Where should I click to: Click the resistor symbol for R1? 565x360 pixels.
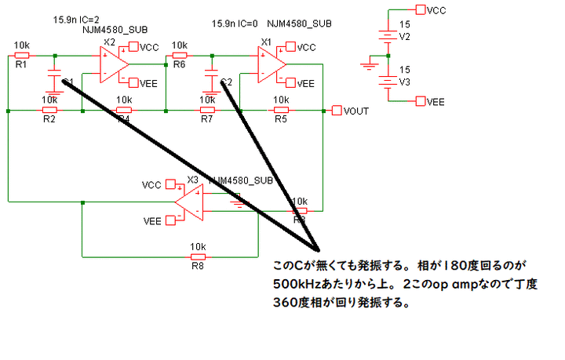pos(22,55)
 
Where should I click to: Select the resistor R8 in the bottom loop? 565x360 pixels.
pos(198,256)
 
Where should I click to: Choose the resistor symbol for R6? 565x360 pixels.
pos(179,55)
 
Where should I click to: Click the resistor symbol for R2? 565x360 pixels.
pos(49,110)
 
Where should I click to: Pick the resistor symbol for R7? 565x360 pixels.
pos(207,110)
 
